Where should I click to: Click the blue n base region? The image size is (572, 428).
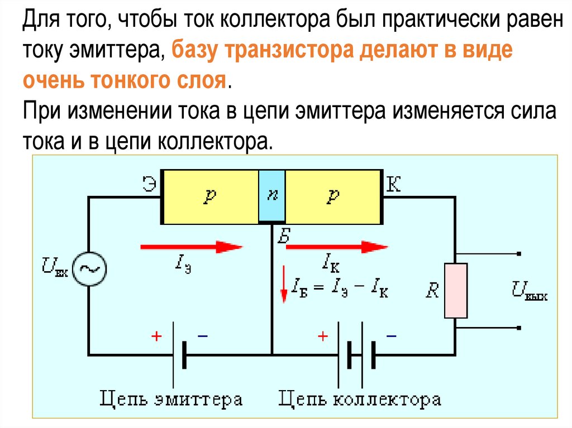click(x=272, y=196)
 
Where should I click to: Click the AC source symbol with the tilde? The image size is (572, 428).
click(x=89, y=270)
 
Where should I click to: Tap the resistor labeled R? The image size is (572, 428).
click(x=455, y=290)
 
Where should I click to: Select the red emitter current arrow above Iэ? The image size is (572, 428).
click(x=191, y=247)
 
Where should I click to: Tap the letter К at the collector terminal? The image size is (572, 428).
click(x=394, y=185)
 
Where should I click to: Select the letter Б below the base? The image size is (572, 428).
click(x=283, y=237)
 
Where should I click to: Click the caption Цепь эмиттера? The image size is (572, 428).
click(x=171, y=400)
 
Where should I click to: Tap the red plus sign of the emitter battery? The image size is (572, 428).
click(x=157, y=336)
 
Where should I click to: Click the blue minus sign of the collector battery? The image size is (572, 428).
click(x=392, y=336)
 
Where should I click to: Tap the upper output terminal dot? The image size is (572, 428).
click(x=519, y=254)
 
